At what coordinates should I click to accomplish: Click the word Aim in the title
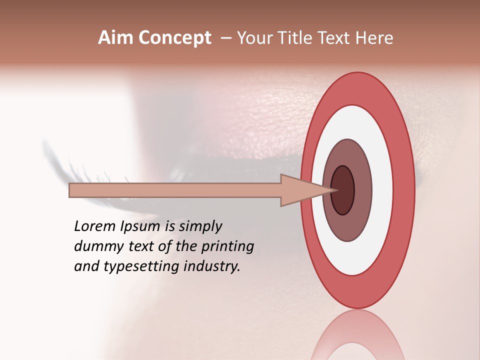[116, 38]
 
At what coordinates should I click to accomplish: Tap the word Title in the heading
[291, 38]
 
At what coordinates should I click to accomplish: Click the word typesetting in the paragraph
[145, 267]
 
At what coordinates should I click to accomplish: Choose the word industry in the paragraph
[212, 266]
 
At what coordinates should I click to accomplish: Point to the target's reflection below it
[357, 335]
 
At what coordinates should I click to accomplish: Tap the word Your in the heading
[252, 38]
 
